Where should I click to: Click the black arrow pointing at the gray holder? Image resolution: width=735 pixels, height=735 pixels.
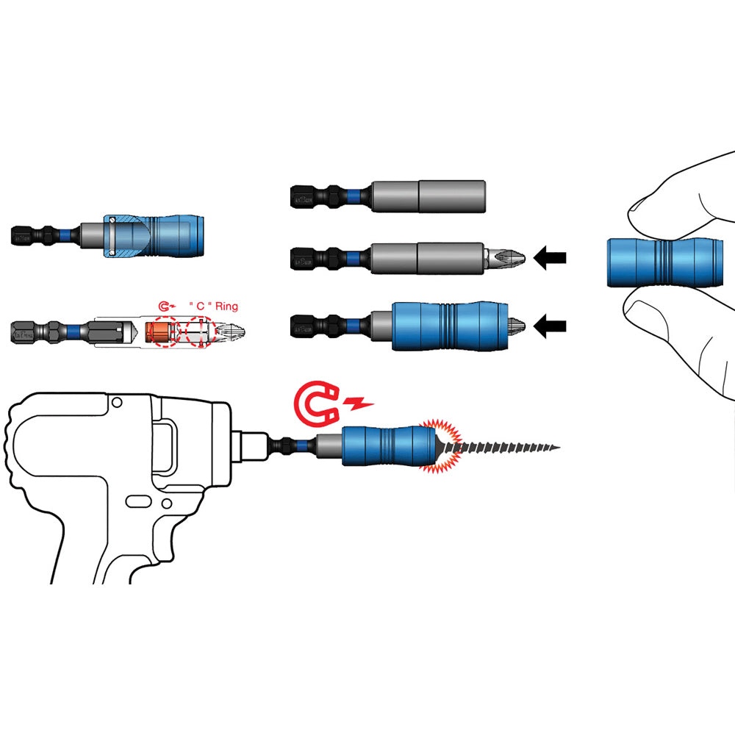(x=551, y=258)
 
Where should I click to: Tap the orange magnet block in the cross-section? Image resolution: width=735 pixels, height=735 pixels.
(x=157, y=333)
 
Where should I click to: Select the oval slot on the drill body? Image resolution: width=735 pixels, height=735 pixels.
(x=137, y=501)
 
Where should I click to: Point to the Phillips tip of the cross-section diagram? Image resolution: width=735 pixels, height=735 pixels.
(x=234, y=333)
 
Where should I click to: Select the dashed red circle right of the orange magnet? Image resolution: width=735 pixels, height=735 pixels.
(x=198, y=333)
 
